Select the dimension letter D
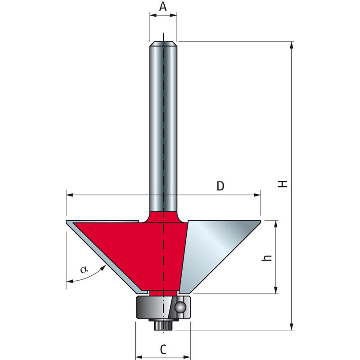[220, 186]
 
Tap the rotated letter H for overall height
[282, 183]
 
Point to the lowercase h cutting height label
[267, 257]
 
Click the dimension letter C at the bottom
[163, 348]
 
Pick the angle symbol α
[83, 270]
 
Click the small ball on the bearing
[180, 307]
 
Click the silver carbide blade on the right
[216, 252]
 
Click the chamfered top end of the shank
[163, 44]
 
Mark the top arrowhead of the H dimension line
[292, 45]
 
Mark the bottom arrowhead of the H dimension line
[292, 327]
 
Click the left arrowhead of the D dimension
[69, 195]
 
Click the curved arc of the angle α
[90, 275]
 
